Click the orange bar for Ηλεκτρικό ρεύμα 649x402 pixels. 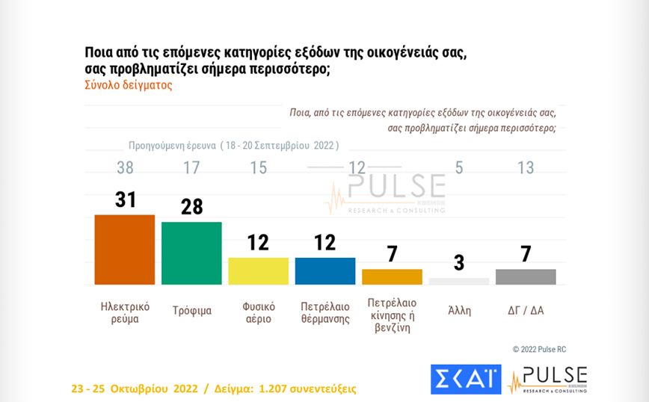coord(124,250)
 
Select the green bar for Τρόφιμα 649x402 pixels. coord(191,253)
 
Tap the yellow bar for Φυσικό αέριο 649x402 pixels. coord(258,270)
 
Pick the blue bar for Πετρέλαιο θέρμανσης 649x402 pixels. coord(325,270)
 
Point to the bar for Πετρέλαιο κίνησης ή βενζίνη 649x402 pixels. coord(392,276)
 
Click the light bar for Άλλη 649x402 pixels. coord(459,281)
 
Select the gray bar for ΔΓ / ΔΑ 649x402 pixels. coord(526,276)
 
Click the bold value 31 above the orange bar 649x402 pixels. coord(124,200)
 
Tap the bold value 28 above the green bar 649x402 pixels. coord(191,206)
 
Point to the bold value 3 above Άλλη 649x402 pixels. coord(459,263)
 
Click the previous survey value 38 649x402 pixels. coord(124,168)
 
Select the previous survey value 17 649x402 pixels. coord(191,168)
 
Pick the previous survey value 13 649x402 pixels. coord(526,168)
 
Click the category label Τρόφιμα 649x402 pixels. coord(191,311)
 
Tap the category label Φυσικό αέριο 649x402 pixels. coord(259,312)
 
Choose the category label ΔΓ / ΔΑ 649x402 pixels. coord(526,310)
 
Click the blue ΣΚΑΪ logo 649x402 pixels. coord(466,379)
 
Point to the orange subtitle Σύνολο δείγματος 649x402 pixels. coord(128,85)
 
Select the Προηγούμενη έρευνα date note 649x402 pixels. coord(233,145)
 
